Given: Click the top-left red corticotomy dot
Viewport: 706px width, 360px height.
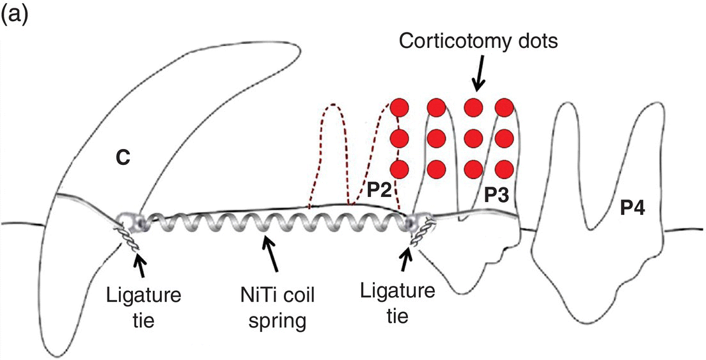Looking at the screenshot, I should [399, 107].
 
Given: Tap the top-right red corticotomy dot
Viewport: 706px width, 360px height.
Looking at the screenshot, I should [505, 107].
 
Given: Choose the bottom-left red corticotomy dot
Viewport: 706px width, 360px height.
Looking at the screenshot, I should [399, 168].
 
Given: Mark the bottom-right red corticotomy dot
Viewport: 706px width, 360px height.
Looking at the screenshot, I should [505, 168].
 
